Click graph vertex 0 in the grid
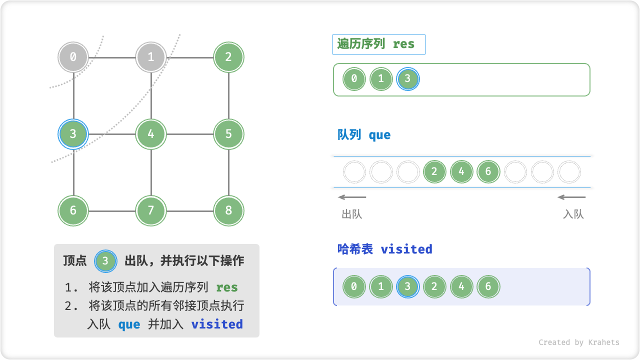[73, 57]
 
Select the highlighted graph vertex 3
[73, 134]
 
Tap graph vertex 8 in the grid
[228, 210]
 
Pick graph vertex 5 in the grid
[228, 134]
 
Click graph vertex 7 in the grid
[151, 210]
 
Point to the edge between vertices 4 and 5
[190, 134]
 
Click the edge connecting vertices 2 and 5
[228, 95]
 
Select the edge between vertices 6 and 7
[112, 210]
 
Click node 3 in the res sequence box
[407, 78]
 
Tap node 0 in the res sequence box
[354, 78]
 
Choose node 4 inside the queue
[461, 172]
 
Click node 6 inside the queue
[488, 172]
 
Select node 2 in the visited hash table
[434, 287]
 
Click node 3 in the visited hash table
[407, 287]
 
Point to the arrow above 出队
[352, 197]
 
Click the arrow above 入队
[571, 197]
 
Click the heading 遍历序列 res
[376, 44]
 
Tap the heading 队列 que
[364, 135]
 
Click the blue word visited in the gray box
[217, 324]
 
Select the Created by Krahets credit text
[578, 342]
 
